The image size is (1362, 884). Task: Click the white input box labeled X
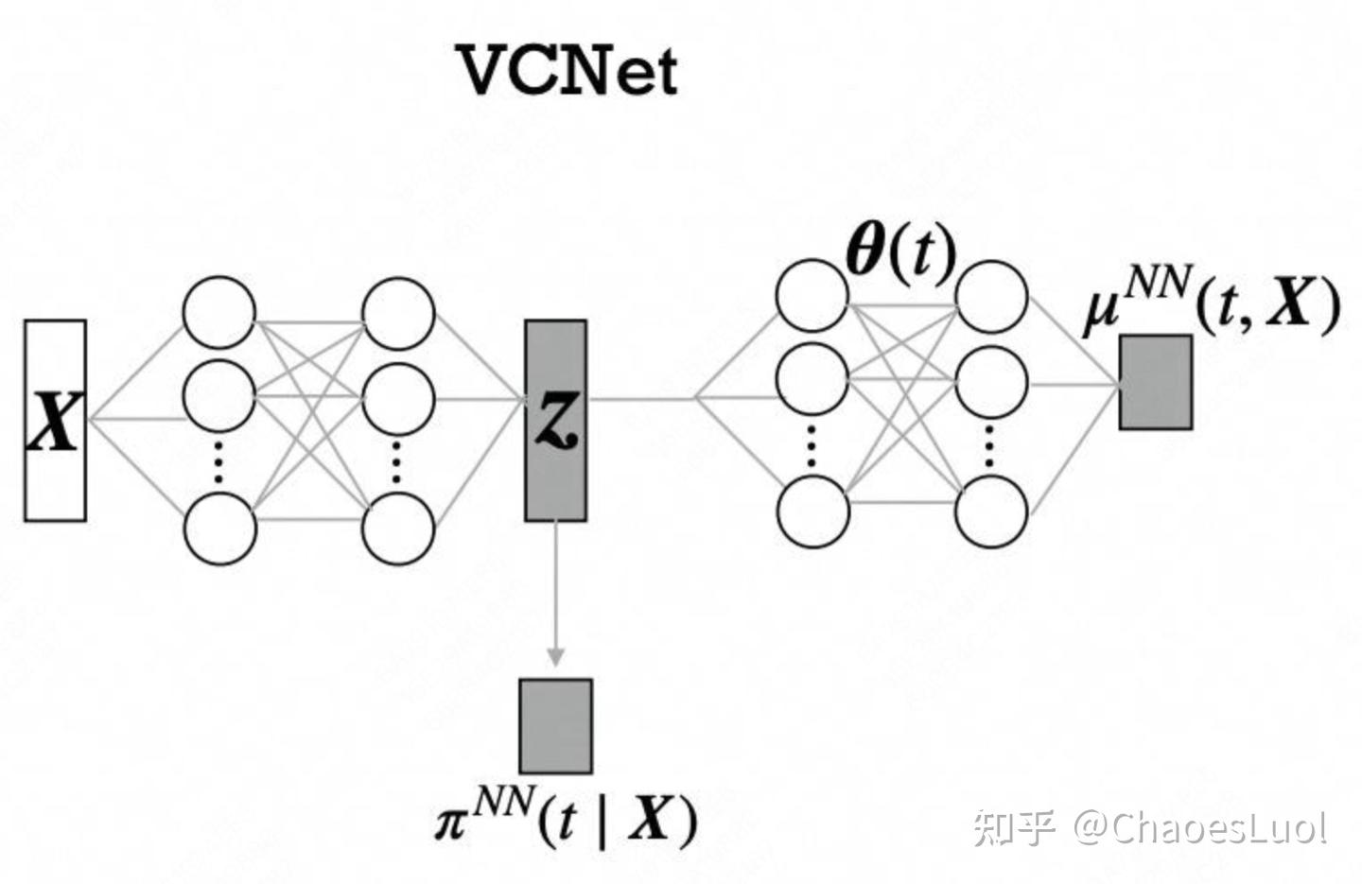55,421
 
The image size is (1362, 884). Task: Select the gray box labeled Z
555,421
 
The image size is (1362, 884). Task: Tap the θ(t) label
899,253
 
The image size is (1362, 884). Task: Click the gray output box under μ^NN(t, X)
1155,382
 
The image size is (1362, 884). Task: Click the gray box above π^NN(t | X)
555,725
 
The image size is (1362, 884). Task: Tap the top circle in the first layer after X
219,312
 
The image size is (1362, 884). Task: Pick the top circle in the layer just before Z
399,312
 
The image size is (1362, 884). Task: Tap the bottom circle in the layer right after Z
812,511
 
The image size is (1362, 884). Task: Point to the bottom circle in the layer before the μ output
990,511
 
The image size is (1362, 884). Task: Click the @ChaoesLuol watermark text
1198,828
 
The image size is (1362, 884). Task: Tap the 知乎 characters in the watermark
1015,828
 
